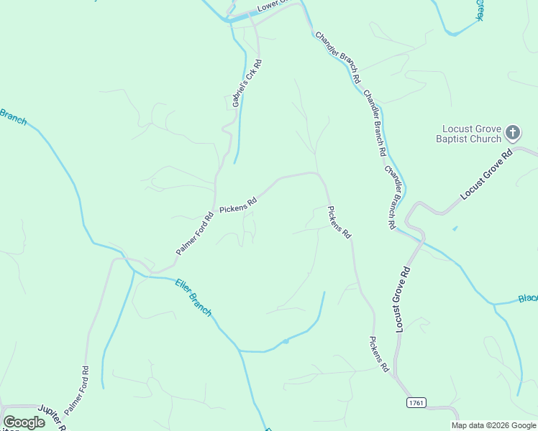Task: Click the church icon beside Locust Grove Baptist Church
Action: tap(512, 132)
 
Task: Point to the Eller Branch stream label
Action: tap(193, 297)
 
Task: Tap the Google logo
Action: tap(24, 422)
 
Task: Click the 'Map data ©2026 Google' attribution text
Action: tap(493, 425)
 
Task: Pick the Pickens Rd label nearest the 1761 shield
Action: tap(379, 354)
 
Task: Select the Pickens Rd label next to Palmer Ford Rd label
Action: tap(238, 205)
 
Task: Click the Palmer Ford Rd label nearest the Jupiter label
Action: tap(76, 391)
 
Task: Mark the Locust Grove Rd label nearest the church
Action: tap(486, 175)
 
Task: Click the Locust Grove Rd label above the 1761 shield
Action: tap(403, 300)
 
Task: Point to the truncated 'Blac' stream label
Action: tap(528, 298)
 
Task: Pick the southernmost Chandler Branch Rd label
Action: tap(391, 198)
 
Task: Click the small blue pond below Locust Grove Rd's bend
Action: tap(455, 229)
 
